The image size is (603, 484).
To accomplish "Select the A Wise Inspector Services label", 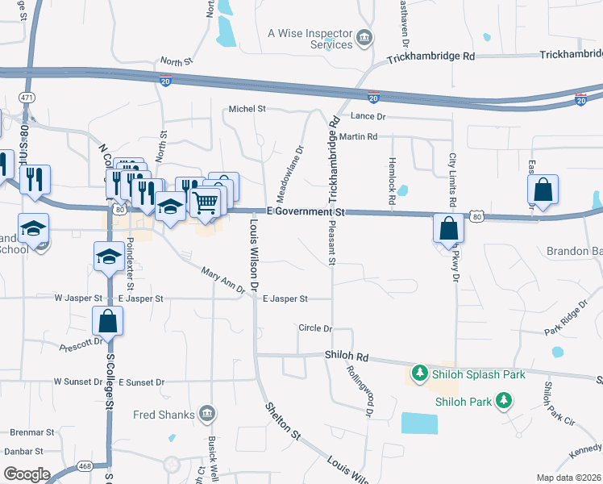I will pos(310,39).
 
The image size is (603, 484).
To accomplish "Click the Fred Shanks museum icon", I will pos(207,415).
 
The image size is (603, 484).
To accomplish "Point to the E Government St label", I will pos(306,211).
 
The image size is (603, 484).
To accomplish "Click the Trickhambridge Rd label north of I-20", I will pos(430,57).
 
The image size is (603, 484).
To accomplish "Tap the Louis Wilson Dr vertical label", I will pos(254,255).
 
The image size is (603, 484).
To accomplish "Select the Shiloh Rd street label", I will pos(347,356).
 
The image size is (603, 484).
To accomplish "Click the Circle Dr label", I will pos(315,328).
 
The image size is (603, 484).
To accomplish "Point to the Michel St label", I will pos(247,109).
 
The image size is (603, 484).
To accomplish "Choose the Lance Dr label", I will pos(369,117).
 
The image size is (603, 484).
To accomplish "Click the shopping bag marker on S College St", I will pos(107,322).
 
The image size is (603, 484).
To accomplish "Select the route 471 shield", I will pos(27,97).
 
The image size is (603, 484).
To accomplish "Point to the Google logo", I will pos(27,474).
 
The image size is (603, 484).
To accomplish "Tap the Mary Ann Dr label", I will pos(223,282).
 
